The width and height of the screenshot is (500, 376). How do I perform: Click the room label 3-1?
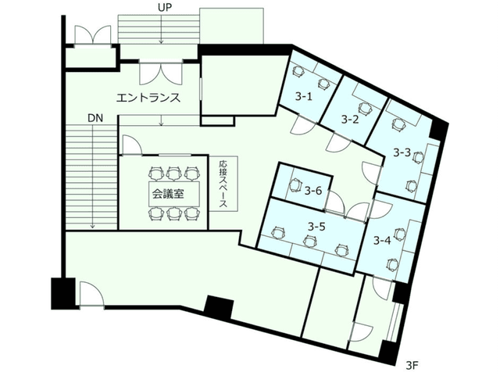(x=303, y=96)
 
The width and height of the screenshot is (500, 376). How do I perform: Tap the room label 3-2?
(x=350, y=120)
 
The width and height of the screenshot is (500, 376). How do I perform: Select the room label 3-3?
(x=402, y=153)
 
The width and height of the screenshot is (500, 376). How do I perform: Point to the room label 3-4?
(x=382, y=240)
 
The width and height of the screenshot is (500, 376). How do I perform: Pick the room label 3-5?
(x=316, y=227)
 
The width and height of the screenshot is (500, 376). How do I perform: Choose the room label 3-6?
(x=313, y=191)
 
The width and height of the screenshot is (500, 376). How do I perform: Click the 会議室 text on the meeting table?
(x=168, y=194)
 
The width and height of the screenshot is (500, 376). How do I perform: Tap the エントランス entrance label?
(x=148, y=98)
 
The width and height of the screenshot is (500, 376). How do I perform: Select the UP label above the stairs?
(x=165, y=8)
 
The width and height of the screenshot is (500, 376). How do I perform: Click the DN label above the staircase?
(x=95, y=118)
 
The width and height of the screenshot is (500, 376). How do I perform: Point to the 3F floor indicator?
(x=412, y=366)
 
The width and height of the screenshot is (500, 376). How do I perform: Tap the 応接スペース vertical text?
(x=223, y=184)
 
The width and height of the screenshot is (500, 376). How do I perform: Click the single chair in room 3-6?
(x=296, y=185)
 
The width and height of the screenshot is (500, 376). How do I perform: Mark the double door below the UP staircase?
(x=161, y=73)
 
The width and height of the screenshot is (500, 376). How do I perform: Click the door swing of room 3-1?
(x=302, y=125)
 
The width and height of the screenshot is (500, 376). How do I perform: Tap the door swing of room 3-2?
(x=339, y=142)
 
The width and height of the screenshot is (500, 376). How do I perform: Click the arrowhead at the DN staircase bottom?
(x=92, y=226)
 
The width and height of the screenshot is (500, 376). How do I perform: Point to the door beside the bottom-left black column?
(x=91, y=294)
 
